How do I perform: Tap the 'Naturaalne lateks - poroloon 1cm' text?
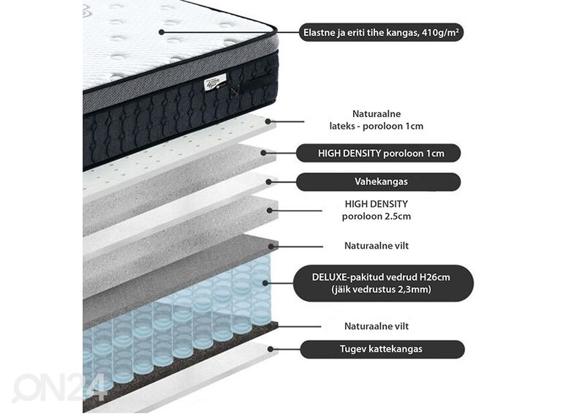pos(376,120)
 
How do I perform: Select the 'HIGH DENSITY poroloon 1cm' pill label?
pos(379,153)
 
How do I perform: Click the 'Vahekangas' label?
pos(379,181)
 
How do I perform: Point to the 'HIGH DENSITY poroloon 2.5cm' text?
pos(376,210)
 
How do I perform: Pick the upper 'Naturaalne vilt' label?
pos(376,246)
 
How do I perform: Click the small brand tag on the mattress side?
pos(216,82)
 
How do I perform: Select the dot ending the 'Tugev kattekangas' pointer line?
pos(271,349)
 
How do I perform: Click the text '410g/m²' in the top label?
pos(441,32)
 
